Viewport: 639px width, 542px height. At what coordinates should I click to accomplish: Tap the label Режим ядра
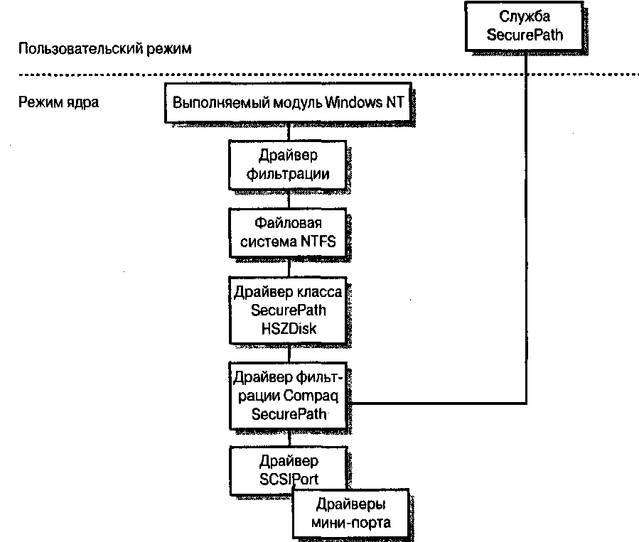point(58,102)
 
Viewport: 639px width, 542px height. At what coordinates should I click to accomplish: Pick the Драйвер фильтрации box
point(289,164)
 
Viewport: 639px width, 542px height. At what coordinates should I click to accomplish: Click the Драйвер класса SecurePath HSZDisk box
point(289,310)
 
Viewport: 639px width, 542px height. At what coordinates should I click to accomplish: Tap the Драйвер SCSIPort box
point(289,468)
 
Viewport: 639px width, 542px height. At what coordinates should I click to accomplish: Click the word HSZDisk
point(289,328)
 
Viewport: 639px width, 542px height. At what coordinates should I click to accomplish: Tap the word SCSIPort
point(289,478)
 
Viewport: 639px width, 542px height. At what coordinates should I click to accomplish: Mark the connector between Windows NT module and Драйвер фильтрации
point(289,130)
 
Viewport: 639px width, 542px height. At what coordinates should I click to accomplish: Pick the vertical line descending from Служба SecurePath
point(527,213)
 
